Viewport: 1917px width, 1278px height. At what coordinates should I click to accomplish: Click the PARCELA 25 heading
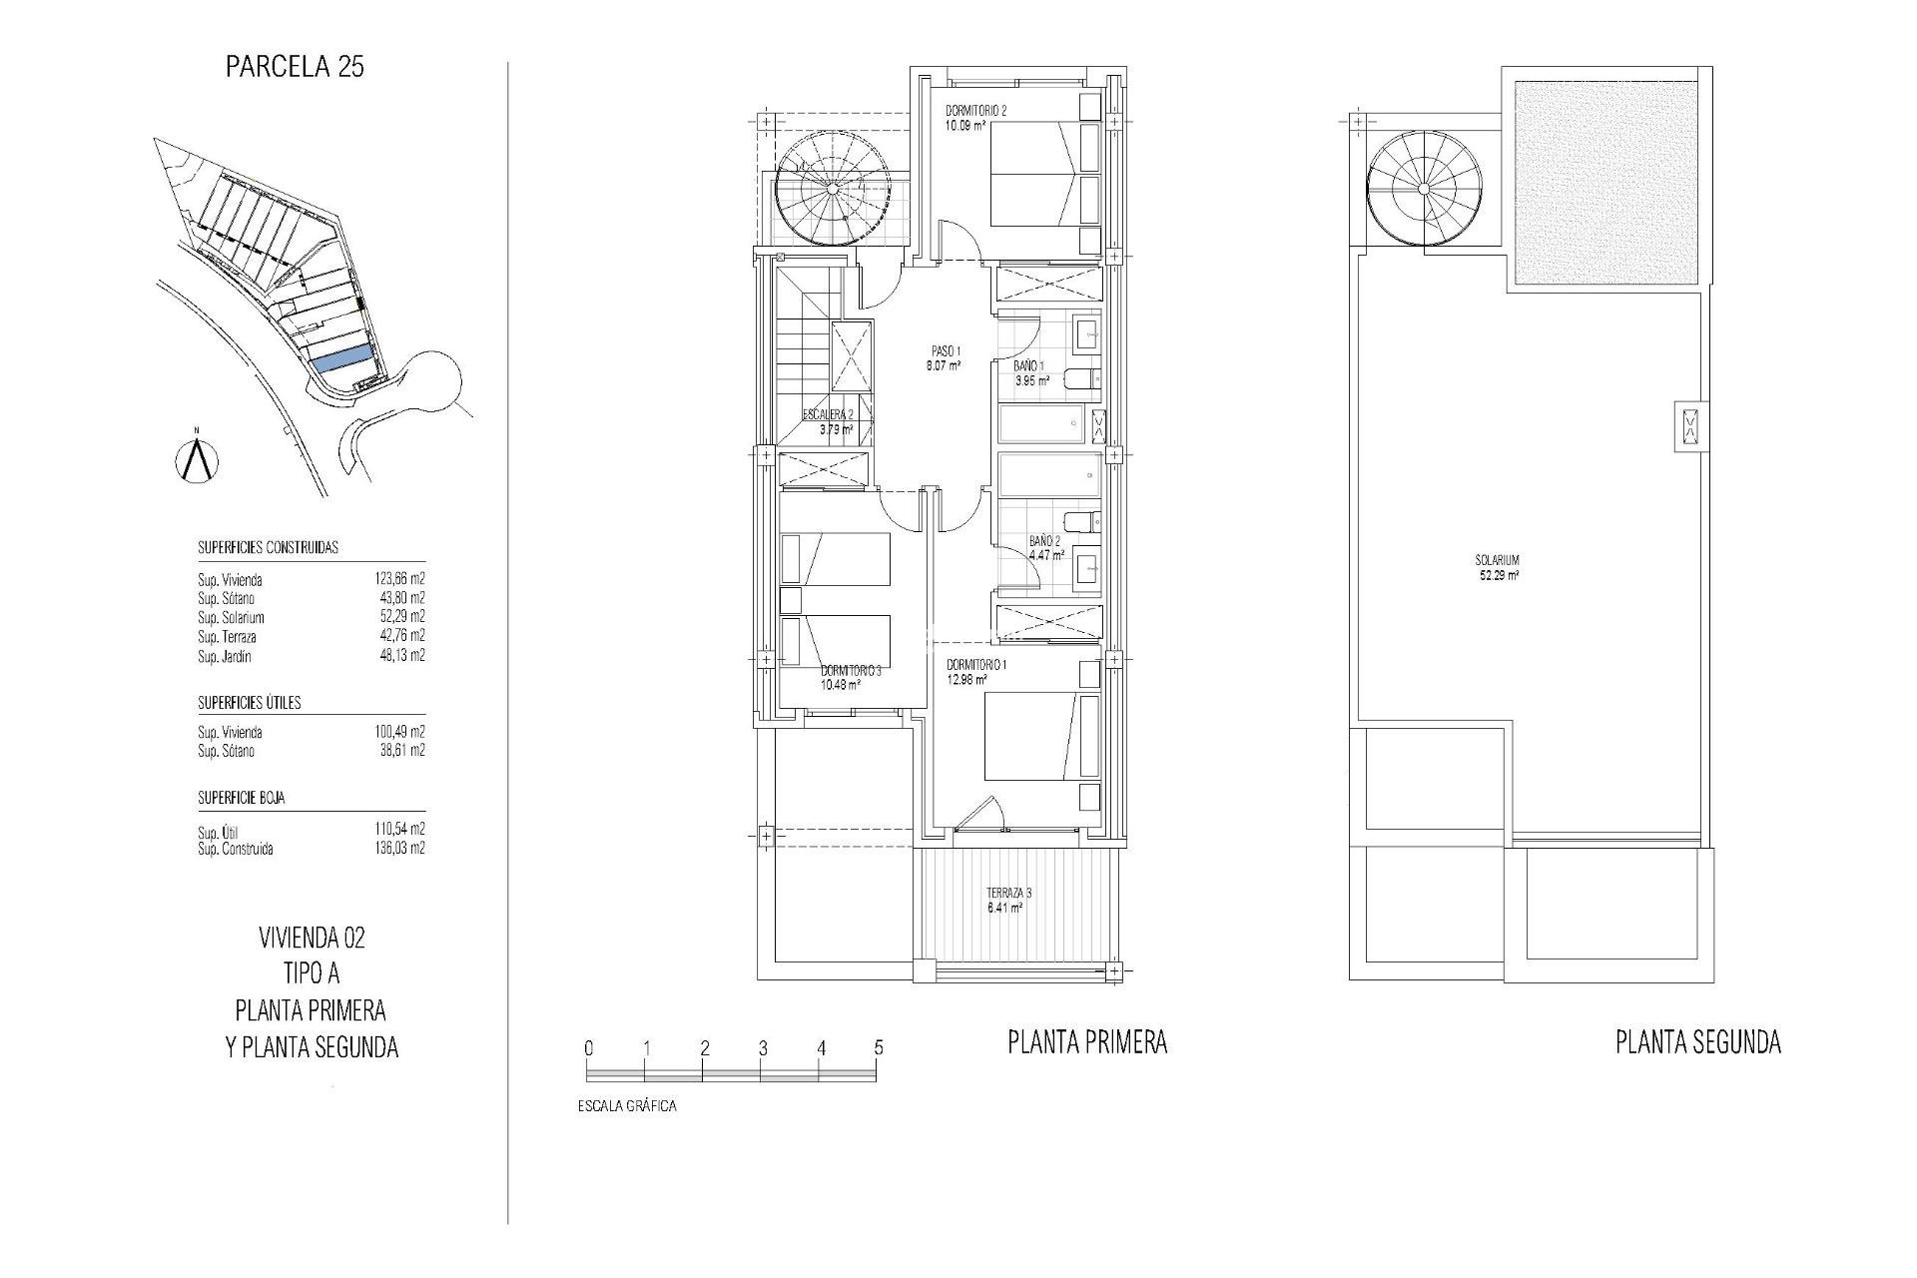pyautogui.click(x=295, y=68)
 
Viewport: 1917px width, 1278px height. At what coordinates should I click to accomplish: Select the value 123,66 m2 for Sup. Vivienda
pyautogui.click(x=399, y=579)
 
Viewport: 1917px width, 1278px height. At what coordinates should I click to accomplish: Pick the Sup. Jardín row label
pyautogui.click(x=225, y=657)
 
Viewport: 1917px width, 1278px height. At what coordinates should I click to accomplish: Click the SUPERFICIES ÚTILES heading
pyautogui.click(x=249, y=703)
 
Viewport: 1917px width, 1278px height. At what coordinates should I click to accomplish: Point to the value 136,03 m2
pyautogui.click(x=399, y=850)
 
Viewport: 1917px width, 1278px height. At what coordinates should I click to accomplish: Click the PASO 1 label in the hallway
pyautogui.click(x=945, y=351)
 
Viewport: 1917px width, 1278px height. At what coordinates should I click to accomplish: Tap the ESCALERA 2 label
pyautogui.click(x=828, y=415)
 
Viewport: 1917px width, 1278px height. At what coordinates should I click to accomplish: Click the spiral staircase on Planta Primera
pyautogui.click(x=835, y=189)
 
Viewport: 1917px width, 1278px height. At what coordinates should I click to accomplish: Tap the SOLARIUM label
pyautogui.click(x=1498, y=561)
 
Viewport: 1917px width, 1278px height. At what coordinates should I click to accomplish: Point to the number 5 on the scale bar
pyautogui.click(x=879, y=1048)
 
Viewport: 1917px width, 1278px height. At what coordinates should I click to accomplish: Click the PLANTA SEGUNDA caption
pyautogui.click(x=1698, y=1043)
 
